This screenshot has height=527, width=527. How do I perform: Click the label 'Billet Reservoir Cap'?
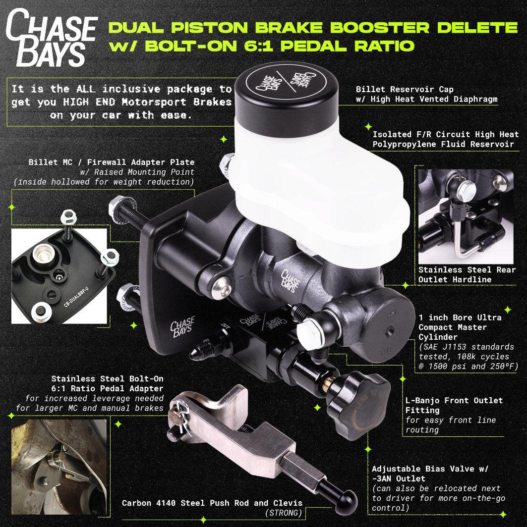[x=405, y=89]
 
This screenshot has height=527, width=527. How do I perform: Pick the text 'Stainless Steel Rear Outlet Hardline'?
[x=467, y=274]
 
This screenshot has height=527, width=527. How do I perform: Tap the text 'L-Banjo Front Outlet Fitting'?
[x=454, y=405]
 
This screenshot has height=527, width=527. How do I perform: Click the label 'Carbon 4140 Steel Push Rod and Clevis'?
[x=212, y=503]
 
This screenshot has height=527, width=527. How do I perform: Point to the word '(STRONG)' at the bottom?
[x=283, y=513]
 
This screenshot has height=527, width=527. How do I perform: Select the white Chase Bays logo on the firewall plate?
[x=182, y=327]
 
